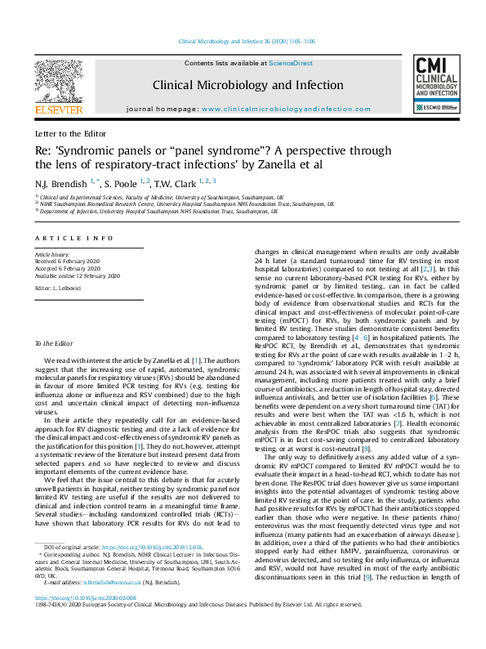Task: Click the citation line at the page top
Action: point(243,43)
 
